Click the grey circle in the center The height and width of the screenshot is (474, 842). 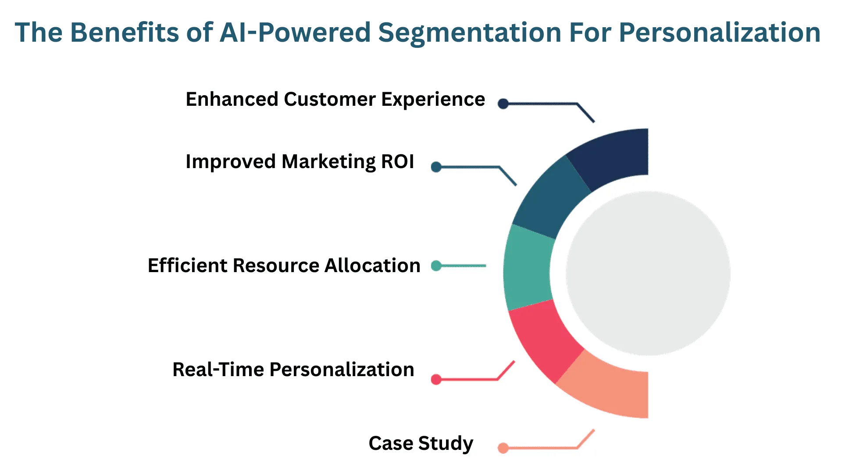(x=648, y=273)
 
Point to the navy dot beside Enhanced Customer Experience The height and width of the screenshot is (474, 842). (x=503, y=104)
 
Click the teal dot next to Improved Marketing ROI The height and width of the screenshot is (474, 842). (x=436, y=167)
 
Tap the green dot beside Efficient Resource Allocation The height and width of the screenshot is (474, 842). (x=436, y=266)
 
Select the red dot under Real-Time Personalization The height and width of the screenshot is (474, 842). (x=436, y=379)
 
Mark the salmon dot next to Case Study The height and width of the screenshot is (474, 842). (x=503, y=448)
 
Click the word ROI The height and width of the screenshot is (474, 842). (x=397, y=162)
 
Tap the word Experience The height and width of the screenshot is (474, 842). (x=433, y=100)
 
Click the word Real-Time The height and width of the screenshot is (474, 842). (x=218, y=370)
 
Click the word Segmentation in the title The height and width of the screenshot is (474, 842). (x=469, y=32)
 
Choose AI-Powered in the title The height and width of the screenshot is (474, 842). (x=295, y=32)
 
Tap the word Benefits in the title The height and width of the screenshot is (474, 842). (x=125, y=32)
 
